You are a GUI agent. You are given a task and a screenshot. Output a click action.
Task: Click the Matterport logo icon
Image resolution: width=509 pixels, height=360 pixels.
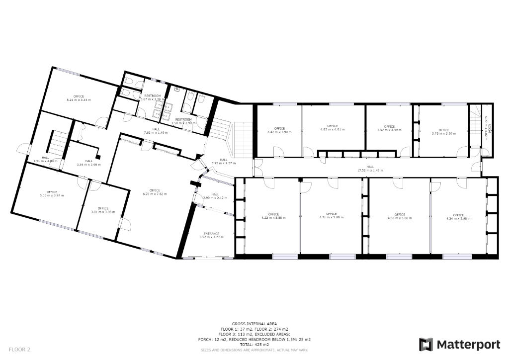pyautogui.click(x=426, y=344)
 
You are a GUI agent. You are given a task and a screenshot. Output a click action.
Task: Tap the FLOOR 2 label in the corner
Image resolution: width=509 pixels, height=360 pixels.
pyautogui.click(x=19, y=350)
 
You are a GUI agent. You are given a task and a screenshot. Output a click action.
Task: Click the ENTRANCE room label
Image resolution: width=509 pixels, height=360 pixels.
pyautogui.click(x=211, y=235)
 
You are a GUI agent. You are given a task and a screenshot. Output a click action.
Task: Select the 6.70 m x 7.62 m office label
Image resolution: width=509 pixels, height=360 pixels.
pyautogui.click(x=155, y=192)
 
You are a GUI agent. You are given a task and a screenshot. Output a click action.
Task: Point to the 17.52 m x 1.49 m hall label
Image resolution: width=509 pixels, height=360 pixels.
pyautogui.click(x=370, y=169)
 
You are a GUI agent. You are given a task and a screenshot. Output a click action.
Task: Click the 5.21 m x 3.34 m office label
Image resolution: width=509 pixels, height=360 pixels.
pyautogui.click(x=79, y=98)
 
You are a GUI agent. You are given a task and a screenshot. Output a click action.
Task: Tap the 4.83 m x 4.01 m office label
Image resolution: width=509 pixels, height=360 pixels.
pyautogui.click(x=333, y=127)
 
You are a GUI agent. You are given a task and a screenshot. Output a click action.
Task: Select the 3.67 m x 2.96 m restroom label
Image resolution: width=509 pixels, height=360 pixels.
pyautogui.click(x=152, y=97)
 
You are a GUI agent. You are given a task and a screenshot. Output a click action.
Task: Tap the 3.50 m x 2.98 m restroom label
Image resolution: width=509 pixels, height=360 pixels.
pyautogui.click(x=183, y=121)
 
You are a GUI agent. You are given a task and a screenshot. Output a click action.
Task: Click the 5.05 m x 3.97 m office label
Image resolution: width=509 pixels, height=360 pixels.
pyautogui.click(x=52, y=193)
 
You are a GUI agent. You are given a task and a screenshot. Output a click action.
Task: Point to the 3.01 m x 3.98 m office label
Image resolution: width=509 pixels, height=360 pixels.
pyautogui.click(x=103, y=210)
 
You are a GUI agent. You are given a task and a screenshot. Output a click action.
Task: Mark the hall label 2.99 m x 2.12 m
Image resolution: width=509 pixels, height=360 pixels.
pyautogui.click(x=215, y=196)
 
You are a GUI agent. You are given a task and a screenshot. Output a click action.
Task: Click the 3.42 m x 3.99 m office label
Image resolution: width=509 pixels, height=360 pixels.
pyautogui.click(x=279, y=130)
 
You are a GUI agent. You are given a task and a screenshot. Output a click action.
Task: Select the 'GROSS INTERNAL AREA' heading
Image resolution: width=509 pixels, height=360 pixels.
pyautogui.click(x=254, y=323)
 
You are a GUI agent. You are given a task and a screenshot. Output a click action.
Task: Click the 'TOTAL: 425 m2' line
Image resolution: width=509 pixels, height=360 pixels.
pyautogui.click(x=254, y=344)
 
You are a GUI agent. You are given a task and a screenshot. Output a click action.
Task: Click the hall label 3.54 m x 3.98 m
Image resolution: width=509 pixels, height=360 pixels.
pyautogui.click(x=88, y=163)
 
